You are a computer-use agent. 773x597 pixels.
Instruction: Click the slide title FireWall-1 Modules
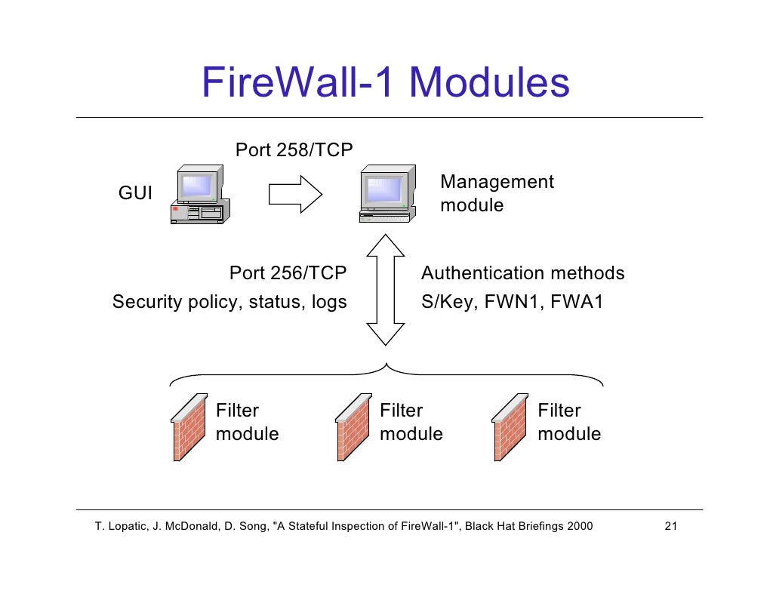(385, 83)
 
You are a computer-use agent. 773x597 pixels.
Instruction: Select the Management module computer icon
(387, 194)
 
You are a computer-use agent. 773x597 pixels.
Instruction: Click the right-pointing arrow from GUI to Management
(296, 195)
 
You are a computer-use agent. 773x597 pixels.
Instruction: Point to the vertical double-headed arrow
(386, 288)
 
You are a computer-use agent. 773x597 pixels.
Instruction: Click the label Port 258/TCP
(294, 150)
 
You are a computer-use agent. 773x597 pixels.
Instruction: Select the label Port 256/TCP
(288, 273)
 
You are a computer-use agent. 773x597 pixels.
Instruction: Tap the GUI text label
(135, 194)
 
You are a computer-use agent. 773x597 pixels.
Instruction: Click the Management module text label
(496, 194)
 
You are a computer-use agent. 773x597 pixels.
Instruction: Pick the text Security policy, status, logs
(229, 303)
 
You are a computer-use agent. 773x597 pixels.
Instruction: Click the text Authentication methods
(522, 273)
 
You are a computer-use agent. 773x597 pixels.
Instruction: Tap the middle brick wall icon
(353, 427)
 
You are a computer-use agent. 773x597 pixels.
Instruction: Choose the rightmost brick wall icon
(510, 427)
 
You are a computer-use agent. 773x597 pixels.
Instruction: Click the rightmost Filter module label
(568, 423)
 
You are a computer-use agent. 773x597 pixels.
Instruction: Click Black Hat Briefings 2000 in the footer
(528, 526)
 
